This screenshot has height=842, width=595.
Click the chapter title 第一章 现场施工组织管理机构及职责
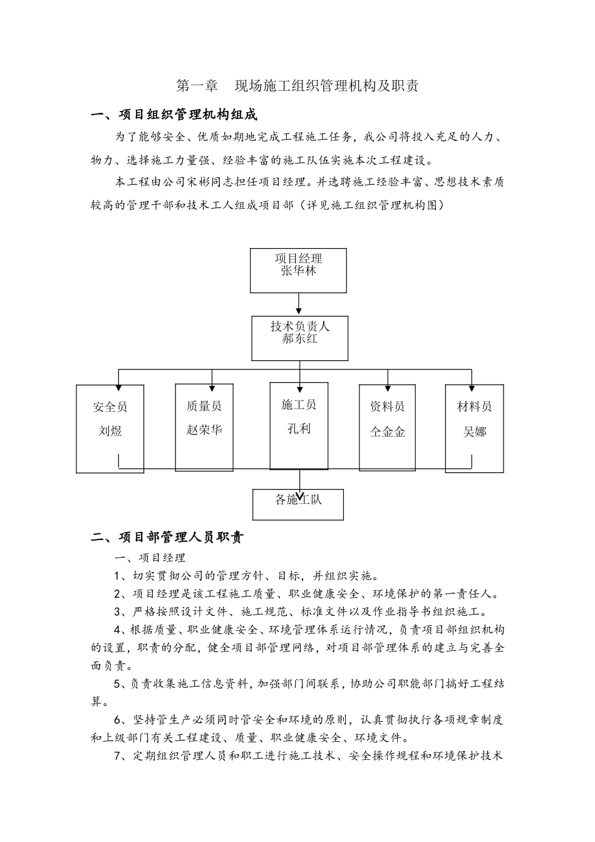[x=297, y=86]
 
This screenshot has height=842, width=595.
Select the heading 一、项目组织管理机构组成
[x=173, y=115]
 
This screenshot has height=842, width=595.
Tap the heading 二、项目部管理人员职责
[x=167, y=537]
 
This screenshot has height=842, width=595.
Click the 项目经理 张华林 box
[x=298, y=270]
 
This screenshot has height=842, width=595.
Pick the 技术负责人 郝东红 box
[x=299, y=338]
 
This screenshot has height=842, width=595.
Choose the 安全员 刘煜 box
[x=110, y=428]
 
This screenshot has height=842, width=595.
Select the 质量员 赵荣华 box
[x=204, y=427]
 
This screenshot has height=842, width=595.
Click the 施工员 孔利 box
[x=299, y=425]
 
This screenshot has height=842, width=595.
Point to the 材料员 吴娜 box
[x=474, y=428]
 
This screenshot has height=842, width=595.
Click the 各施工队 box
[x=298, y=504]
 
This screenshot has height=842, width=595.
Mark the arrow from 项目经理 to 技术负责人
[x=299, y=304]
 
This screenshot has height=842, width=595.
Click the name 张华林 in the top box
[x=299, y=271]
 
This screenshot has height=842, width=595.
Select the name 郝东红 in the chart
[x=299, y=339]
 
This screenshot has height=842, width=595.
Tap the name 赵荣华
[x=204, y=430]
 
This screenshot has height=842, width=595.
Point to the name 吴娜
[x=474, y=432]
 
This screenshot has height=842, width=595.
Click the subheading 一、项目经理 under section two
[x=150, y=558]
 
